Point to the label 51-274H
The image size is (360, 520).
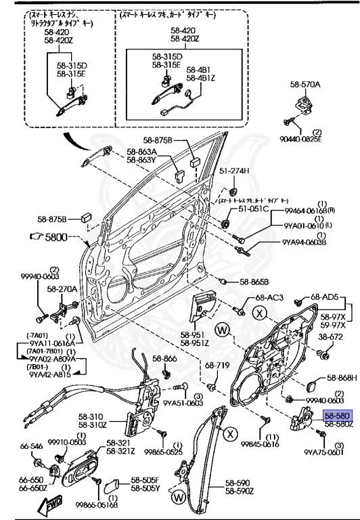tap(234, 171)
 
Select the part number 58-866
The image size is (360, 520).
tap(164, 358)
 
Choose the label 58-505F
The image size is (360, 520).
tap(145, 479)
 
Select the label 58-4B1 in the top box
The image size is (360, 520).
tap(198, 70)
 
